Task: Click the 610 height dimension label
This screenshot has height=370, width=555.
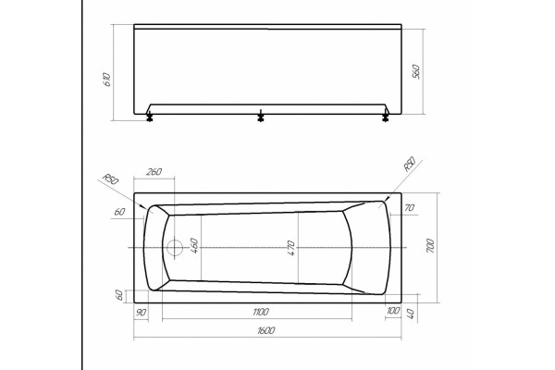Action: [x=106, y=80]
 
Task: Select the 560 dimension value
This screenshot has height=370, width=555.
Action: [x=416, y=71]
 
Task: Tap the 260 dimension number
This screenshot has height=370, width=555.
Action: [x=154, y=172]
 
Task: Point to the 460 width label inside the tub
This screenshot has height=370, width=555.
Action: [x=194, y=245]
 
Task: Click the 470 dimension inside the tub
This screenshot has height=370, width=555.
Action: [x=290, y=248]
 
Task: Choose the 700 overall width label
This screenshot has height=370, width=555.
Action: [x=430, y=245]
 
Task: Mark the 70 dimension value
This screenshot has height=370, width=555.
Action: [x=409, y=207]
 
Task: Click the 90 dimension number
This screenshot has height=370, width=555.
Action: [x=141, y=313]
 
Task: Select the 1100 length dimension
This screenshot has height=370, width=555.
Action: [x=261, y=312]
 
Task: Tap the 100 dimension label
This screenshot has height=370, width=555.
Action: [x=393, y=311]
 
